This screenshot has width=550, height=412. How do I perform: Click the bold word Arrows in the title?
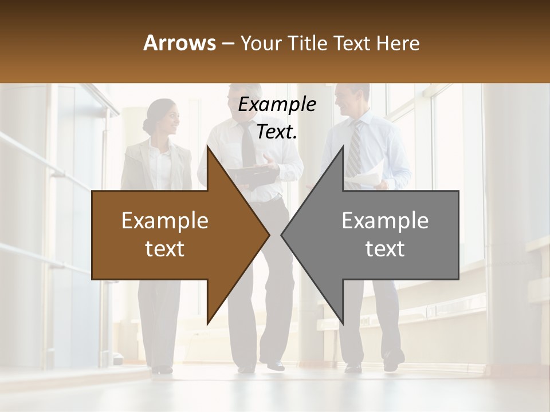pyautogui.click(x=179, y=43)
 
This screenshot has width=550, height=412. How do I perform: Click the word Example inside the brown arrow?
pyautogui.click(x=165, y=221)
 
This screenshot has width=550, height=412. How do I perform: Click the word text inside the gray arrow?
pyautogui.click(x=385, y=249)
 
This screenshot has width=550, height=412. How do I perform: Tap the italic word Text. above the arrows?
pyautogui.click(x=277, y=132)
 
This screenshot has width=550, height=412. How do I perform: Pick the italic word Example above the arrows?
pyautogui.click(x=277, y=105)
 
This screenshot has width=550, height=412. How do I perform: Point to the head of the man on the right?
pyautogui.click(x=351, y=99)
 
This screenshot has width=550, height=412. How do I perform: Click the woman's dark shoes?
pyautogui.click(x=162, y=369)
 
